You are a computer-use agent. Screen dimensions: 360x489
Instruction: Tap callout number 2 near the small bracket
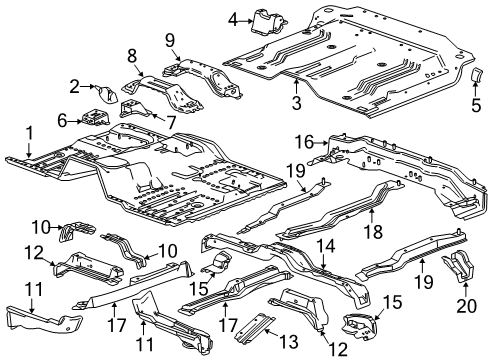75,86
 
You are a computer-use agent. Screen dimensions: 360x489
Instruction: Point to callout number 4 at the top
233,19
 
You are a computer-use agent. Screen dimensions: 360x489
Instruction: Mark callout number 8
131,55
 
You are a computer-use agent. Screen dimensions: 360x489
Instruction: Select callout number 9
169,40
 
